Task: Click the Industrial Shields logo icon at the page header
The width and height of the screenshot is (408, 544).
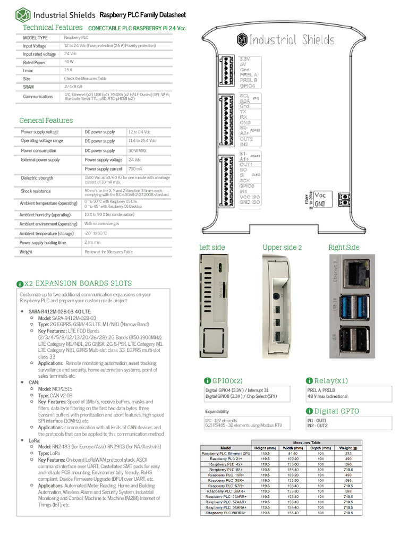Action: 23,14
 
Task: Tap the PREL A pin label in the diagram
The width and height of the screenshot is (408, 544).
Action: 249,74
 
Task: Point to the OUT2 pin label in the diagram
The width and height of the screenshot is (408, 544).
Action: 246,139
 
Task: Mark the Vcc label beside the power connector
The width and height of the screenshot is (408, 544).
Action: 320,195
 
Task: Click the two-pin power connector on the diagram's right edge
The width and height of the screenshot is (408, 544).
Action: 345,200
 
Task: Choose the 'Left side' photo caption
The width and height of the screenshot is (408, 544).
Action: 212,248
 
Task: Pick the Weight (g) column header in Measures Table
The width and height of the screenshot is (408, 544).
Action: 348,448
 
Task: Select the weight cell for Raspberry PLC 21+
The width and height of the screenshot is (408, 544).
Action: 348,458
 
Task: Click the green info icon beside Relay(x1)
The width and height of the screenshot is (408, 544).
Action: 309,381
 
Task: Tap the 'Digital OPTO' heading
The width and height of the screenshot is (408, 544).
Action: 337,411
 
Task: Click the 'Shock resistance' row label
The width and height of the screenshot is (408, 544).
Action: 36,191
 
